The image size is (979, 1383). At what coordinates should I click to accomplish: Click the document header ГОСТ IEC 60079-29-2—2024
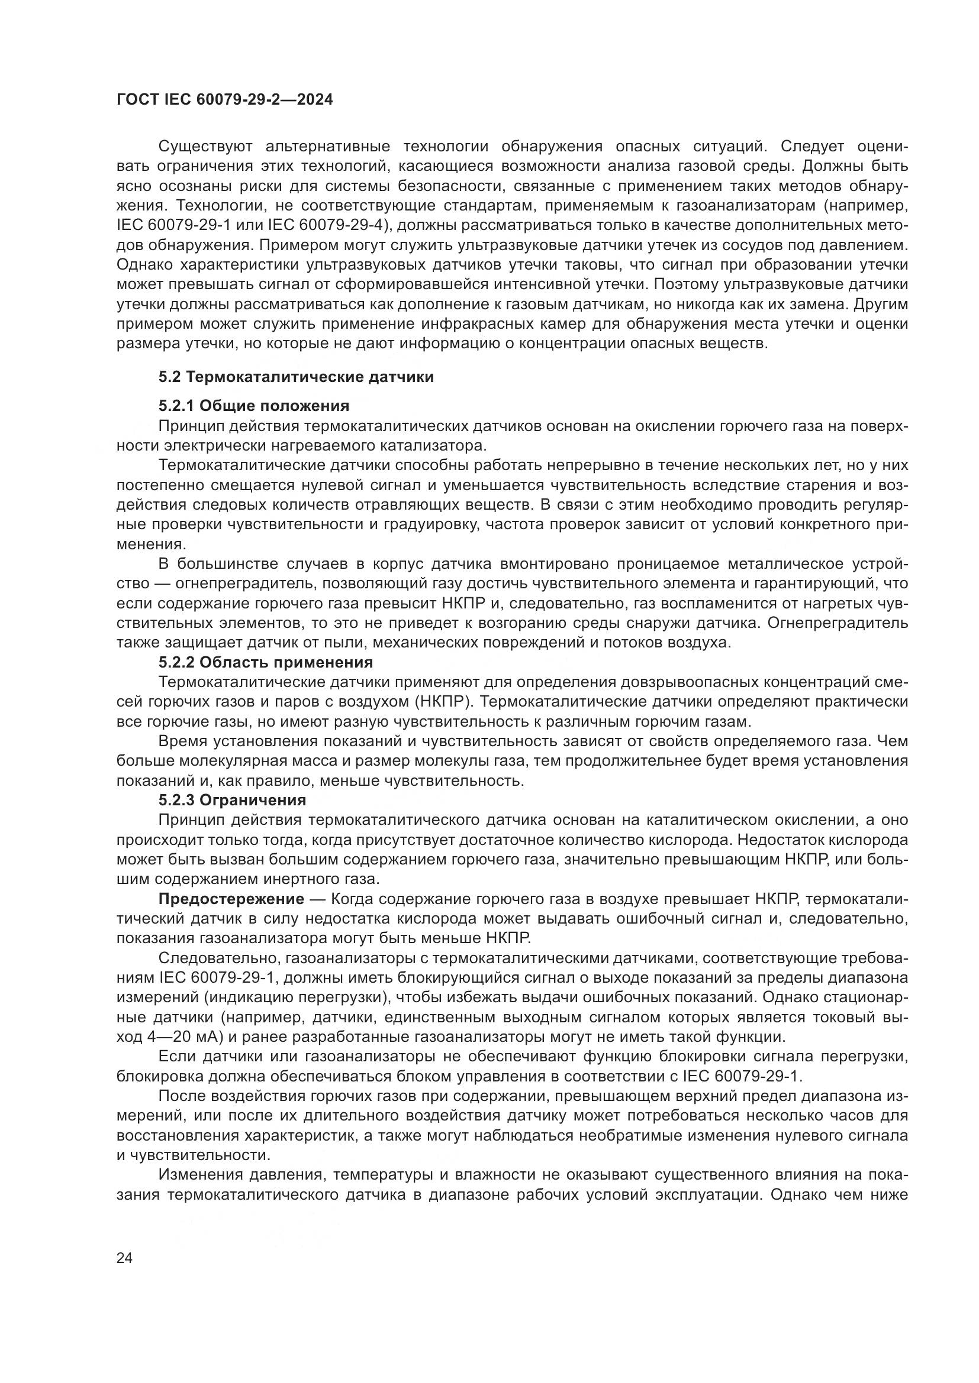[224, 99]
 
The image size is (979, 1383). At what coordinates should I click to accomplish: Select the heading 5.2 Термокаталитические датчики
[296, 377]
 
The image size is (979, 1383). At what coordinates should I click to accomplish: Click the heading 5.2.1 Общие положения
[254, 406]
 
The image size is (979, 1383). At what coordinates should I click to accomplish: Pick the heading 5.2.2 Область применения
[266, 663]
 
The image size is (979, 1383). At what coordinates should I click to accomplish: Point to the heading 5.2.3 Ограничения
[233, 801]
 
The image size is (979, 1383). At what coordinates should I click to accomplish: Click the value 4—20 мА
[185, 1037]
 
